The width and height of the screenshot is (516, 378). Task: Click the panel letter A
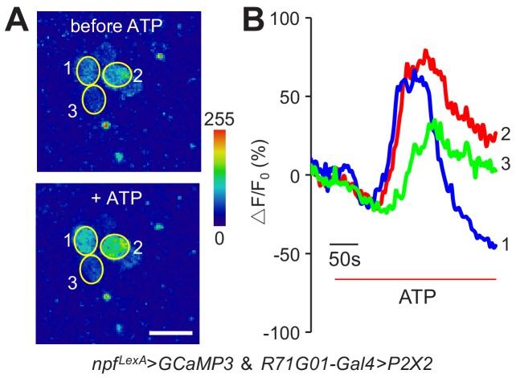tap(18, 22)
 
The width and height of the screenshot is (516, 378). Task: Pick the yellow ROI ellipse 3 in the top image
tap(95, 101)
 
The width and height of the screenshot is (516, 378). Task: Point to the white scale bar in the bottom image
tap(170, 331)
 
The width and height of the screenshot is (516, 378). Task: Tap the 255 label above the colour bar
tap(220, 121)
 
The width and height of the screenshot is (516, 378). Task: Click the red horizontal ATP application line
tap(415, 279)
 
